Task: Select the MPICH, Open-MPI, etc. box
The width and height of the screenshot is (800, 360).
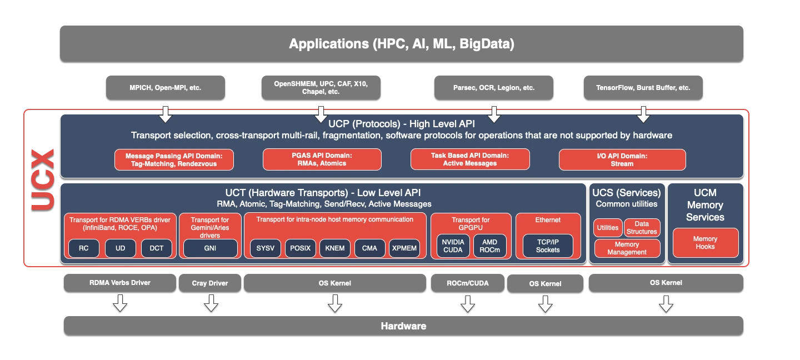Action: pos(165,88)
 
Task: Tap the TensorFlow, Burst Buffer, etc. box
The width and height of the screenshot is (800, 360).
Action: pos(643,88)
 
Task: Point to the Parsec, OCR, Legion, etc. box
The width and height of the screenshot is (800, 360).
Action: pos(493,88)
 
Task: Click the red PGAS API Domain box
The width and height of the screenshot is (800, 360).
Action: pos(322,159)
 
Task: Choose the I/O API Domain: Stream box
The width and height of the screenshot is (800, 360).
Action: pos(622,159)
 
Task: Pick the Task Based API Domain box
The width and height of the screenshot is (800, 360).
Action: pos(470,159)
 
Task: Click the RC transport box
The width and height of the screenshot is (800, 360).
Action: pos(83,248)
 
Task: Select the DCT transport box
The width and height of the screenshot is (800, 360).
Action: pos(157,248)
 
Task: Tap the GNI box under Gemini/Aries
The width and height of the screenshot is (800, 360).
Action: pos(210,248)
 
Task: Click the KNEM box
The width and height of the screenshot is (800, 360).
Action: pos(335,248)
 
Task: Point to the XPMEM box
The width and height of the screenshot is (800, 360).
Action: pos(404,248)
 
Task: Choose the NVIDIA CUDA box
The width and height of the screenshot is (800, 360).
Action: pos(453,246)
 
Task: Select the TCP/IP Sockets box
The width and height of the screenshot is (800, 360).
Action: pos(548,246)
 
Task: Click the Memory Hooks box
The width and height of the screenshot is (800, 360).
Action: pos(705,243)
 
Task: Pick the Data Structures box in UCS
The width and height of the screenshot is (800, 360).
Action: pos(642,227)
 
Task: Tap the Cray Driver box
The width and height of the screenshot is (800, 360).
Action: pos(210,283)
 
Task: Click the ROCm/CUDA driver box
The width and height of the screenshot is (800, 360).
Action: pos(468,283)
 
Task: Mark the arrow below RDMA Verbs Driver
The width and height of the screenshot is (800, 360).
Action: pos(120,303)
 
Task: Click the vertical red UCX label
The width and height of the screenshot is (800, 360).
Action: pos(43,179)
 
